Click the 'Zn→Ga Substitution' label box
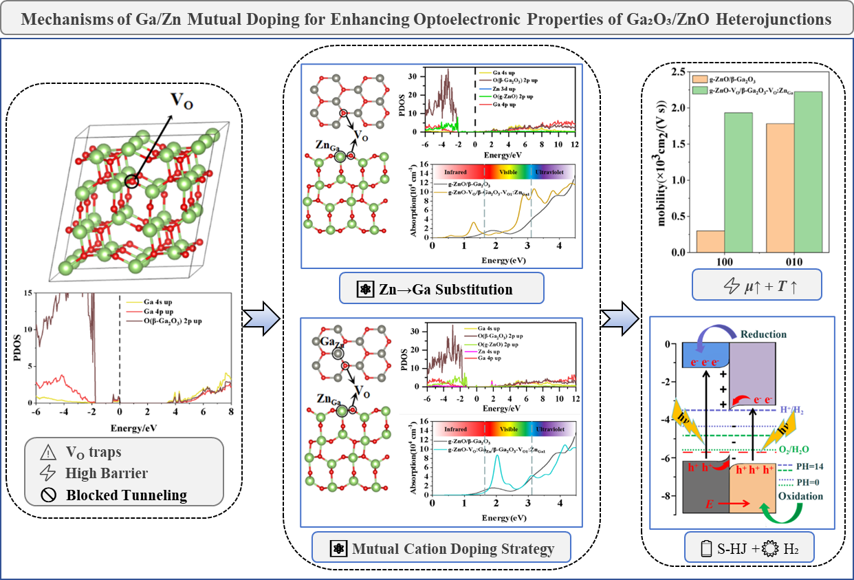441,289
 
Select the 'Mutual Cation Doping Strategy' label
441,549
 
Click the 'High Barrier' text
106,473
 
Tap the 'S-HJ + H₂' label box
743,549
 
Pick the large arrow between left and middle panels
262,317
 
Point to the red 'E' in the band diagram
708,505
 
